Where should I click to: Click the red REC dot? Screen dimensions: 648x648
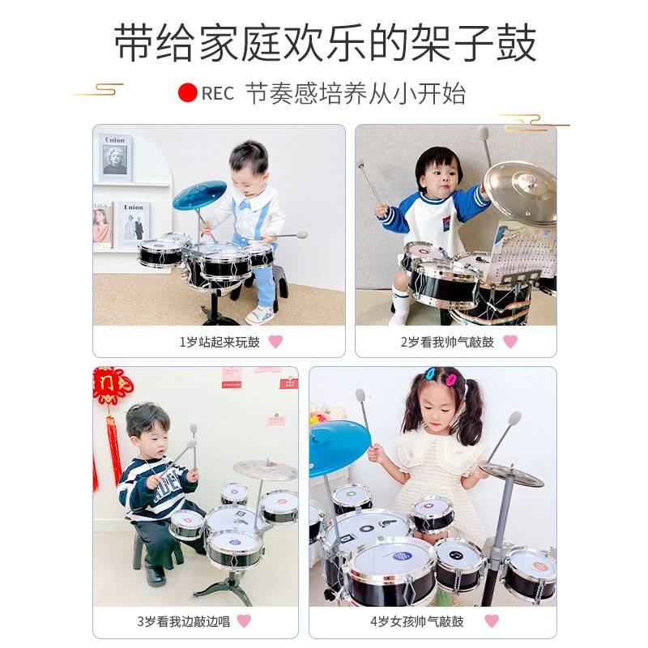click(x=188, y=92)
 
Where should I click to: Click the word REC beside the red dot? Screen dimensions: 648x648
click(x=217, y=93)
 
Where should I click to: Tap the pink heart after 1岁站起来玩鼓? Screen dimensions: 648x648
click(x=275, y=342)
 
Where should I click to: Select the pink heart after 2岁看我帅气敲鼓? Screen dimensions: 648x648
click(x=509, y=342)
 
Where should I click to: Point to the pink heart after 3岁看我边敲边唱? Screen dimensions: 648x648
click(x=243, y=621)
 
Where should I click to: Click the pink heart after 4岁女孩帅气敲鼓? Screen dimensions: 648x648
click(x=492, y=621)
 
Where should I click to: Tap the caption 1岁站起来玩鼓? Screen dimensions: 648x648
click(x=220, y=342)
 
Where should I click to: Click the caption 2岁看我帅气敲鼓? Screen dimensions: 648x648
click(x=446, y=342)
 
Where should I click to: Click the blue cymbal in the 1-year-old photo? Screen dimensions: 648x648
click(x=199, y=194)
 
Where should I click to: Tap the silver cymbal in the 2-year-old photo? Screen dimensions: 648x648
click(x=520, y=193)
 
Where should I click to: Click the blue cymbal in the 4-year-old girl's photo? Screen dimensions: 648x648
click(x=339, y=448)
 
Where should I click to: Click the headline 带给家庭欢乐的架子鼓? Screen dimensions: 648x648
click(x=324, y=42)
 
